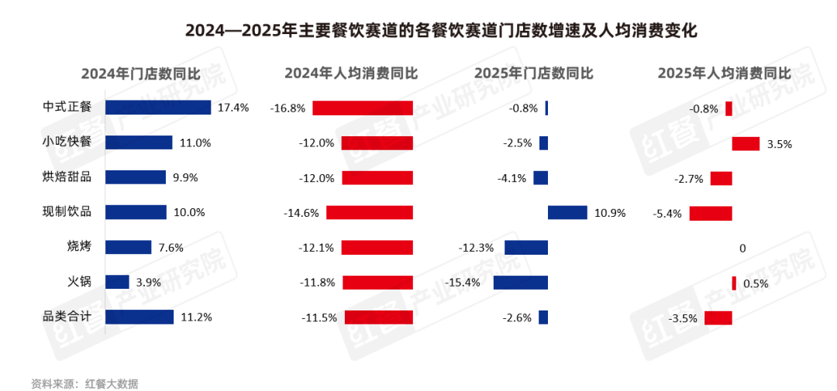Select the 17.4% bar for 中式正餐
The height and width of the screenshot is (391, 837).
pyautogui.click(x=158, y=108)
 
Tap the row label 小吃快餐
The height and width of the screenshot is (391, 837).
pyautogui.click(x=67, y=142)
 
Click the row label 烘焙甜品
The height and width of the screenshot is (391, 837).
pyautogui.click(x=67, y=177)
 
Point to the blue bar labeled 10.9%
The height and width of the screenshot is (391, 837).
pyautogui.click(x=567, y=212)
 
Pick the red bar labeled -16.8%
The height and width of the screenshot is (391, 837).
pyautogui.click(x=363, y=108)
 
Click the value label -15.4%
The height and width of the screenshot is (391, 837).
pyautogui.click(x=463, y=283)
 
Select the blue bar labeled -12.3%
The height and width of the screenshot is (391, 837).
pyautogui.click(x=526, y=248)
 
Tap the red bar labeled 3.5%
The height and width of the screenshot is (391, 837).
pyautogui.click(x=746, y=143)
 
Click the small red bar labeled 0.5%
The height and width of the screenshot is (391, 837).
pyautogui.click(x=734, y=283)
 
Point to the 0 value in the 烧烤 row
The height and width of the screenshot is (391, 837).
pyautogui.click(x=742, y=249)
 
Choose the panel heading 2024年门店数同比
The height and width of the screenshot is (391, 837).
pyautogui.click(x=141, y=74)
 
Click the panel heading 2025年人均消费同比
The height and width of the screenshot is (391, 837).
pyautogui.click(x=725, y=74)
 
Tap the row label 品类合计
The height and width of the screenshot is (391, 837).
pyautogui.click(x=67, y=317)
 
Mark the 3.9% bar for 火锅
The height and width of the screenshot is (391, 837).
pyautogui.click(x=117, y=283)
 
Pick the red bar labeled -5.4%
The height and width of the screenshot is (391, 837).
pyautogui.click(x=711, y=213)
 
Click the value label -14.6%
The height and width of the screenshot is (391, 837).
pyautogui.click(x=301, y=213)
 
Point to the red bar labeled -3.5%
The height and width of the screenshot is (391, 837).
pyautogui.click(x=718, y=317)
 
